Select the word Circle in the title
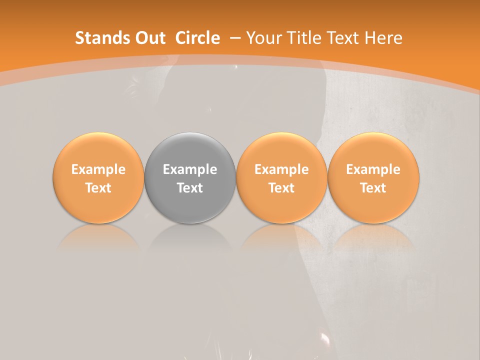pyautogui.click(x=197, y=38)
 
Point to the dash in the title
pyautogui.click(x=235, y=38)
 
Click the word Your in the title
pyautogui.click(x=262, y=38)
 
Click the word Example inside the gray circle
pyautogui.click(x=190, y=169)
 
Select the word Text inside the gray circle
pyautogui.click(x=190, y=188)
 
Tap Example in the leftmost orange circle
pyautogui.click(x=98, y=169)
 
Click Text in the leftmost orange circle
pyautogui.click(x=98, y=188)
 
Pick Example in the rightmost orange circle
pyautogui.click(x=373, y=169)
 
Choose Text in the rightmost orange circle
pyautogui.click(x=373, y=188)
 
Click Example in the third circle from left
pyautogui.click(x=281, y=169)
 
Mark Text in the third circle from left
pyautogui.click(x=281, y=188)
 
